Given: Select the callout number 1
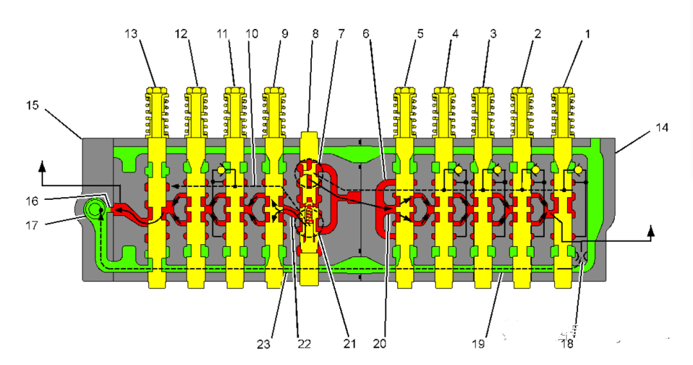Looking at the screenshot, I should (584, 34).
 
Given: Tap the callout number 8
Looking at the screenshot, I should (314, 34).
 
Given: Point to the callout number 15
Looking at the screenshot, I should (33, 105).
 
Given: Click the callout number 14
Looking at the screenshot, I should (662, 127).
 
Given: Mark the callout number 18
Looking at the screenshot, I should (566, 344).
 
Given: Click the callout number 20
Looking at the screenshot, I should (380, 344).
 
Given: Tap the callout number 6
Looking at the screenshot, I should (366, 34).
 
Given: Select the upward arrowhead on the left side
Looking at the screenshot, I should (43, 166).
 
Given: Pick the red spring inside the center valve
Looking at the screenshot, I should (310, 217).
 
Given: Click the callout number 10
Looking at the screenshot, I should (252, 34).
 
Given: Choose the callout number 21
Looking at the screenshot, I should (349, 344).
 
